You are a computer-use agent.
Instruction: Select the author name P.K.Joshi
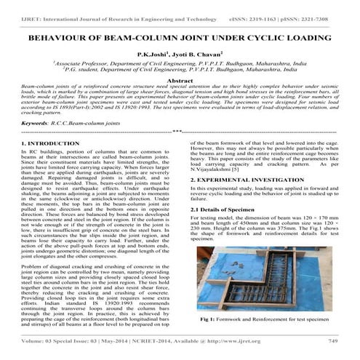(152, 54)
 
